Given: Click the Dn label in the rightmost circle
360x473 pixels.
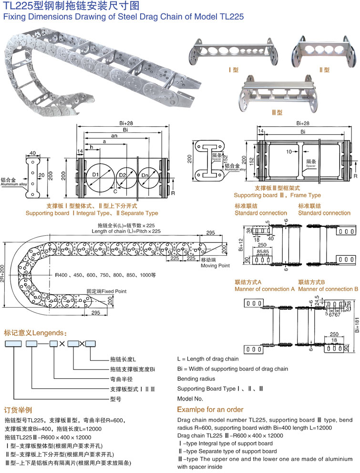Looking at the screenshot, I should click(145, 176).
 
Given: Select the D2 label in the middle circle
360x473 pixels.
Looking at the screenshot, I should click(123, 176).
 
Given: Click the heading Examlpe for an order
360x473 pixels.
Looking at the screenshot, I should click(210, 410).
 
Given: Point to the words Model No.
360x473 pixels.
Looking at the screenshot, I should click(190, 399).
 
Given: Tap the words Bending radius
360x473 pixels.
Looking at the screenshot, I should click(195, 379).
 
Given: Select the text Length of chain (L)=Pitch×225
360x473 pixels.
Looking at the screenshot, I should click(126, 231).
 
